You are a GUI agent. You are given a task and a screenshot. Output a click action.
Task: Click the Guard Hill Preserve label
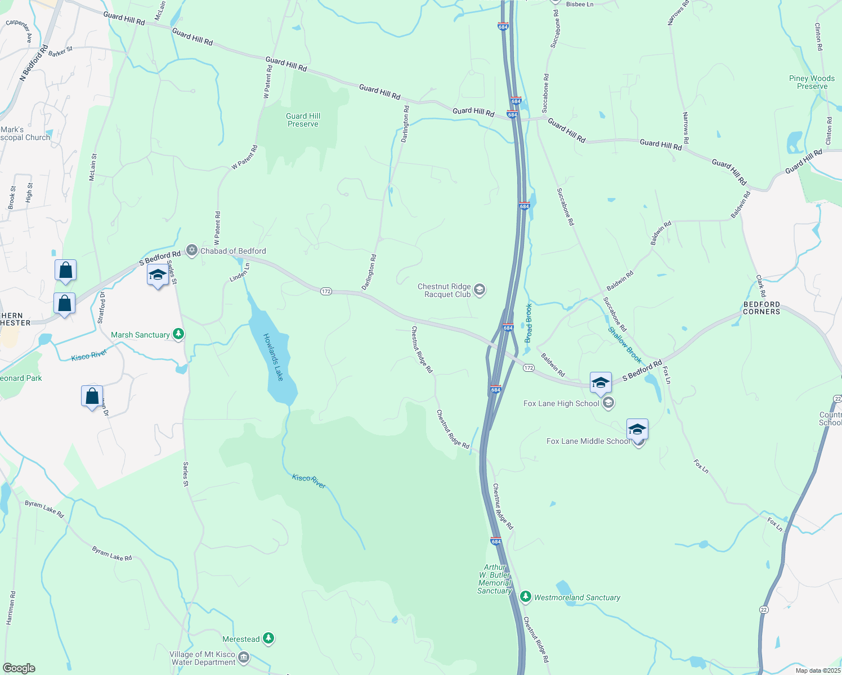tap(303, 120)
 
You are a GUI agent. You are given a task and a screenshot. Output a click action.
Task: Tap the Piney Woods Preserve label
tap(812, 82)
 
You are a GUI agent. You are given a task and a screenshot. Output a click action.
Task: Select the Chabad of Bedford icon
tap(192, 250)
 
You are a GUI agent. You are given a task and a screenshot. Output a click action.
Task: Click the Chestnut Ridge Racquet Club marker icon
tap(480, 290)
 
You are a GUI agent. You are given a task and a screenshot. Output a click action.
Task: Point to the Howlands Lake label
tap(274, 357)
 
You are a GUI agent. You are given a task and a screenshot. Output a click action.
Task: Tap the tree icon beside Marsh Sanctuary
tap(178, 335)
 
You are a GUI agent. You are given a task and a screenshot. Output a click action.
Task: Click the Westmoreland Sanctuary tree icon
tap(526, 597)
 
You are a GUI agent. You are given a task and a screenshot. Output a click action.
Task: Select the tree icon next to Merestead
tap(269, 638)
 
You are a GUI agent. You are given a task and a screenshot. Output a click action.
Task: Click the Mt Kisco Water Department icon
tap(244, 657)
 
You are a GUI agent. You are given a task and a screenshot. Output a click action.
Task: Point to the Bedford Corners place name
tap(762, 308)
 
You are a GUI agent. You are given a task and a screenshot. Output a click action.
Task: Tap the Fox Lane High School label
tap(561, 403)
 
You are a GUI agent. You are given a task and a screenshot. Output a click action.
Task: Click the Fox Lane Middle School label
tap(588, 441)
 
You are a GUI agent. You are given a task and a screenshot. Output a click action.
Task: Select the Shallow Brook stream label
tap(625, 345)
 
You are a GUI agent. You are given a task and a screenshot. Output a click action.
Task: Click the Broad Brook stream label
tap(529, 323)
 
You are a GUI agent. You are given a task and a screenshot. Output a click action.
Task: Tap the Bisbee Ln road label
tap(580, 4)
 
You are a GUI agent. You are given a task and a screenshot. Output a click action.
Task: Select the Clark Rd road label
tap(760, 286)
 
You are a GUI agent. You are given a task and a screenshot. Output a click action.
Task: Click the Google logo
tap(19, 668)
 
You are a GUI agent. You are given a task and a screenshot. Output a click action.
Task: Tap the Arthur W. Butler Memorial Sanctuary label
tap(495, 579)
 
